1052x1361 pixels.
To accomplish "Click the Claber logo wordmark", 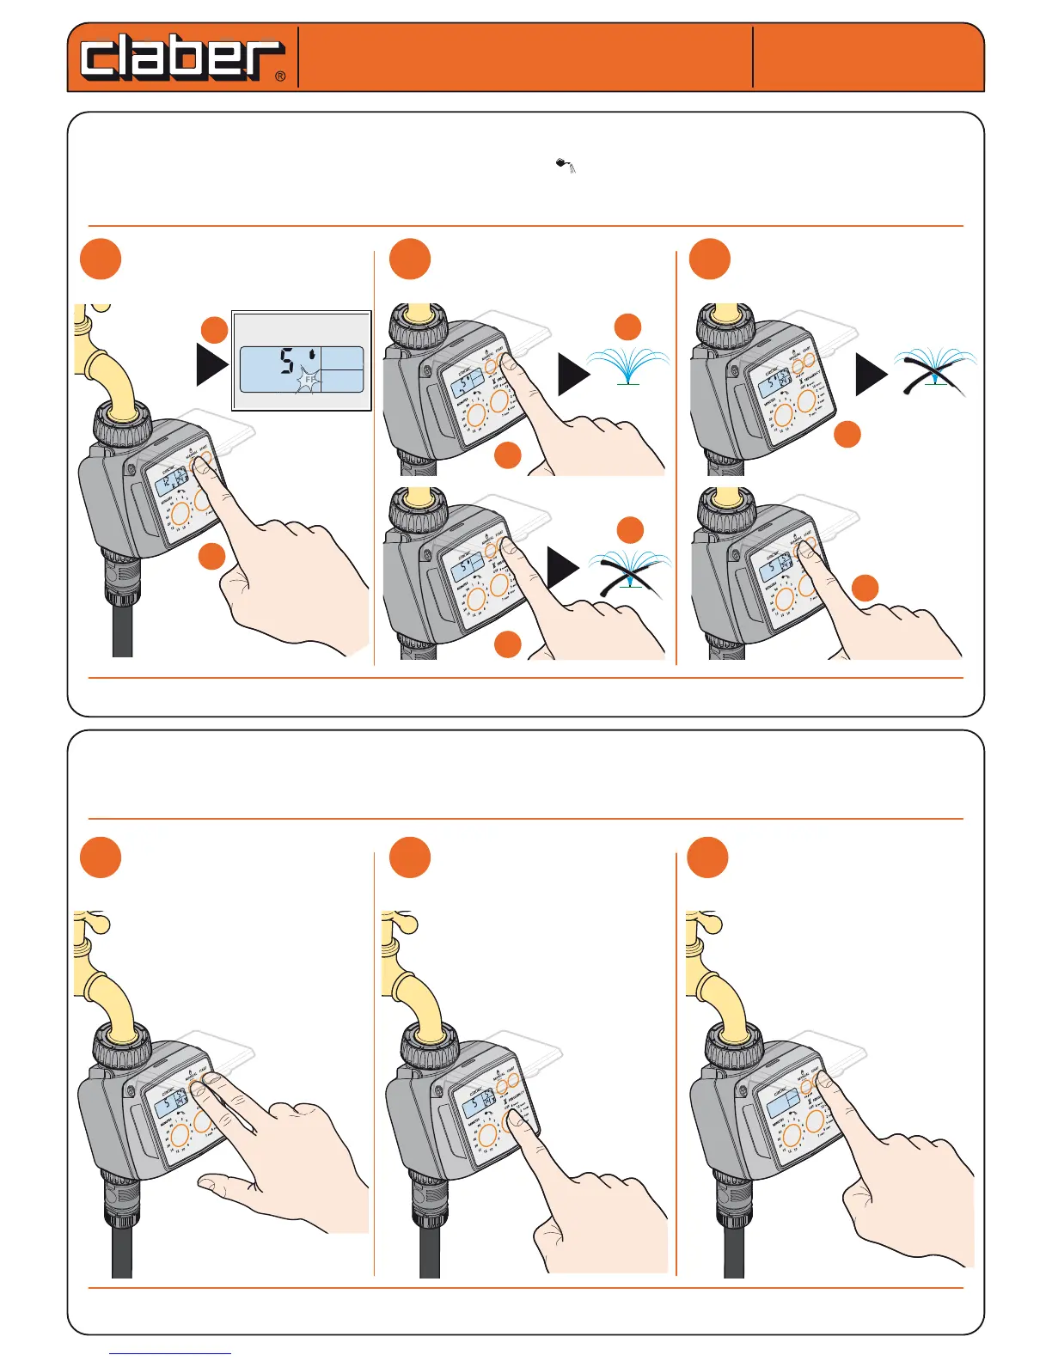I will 181,58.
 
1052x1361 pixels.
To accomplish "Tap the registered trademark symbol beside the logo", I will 280,76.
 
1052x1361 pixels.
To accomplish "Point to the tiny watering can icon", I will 565,164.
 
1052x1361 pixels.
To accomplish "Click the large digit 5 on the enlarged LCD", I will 287,362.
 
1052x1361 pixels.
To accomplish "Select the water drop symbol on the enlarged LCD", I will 315,353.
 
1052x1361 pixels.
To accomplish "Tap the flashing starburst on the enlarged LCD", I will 309,379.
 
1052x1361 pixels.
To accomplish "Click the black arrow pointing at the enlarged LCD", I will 212,364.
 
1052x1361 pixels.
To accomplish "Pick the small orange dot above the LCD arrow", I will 214,331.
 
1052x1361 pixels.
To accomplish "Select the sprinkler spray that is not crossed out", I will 628,366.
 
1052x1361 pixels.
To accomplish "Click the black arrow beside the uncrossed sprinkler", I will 574,375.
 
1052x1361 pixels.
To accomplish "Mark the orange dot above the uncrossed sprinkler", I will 628,327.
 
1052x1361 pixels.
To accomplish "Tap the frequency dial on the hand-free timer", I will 806,400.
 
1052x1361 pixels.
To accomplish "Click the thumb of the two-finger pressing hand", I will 215,1185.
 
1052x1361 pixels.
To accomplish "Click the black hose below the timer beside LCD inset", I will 122,627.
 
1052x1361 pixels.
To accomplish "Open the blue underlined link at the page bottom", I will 170,1353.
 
